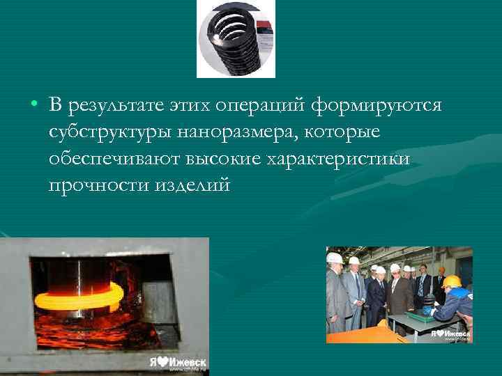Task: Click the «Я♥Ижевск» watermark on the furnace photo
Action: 177,363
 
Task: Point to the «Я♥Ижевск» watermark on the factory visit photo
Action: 450,334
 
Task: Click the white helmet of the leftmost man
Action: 334,258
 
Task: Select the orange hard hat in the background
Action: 441,269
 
